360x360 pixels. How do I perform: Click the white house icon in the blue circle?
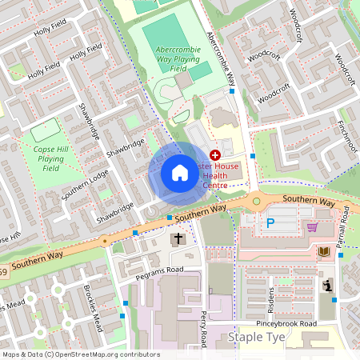pyautogui.click(x=180, y=172)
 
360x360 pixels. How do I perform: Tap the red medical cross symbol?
pyautogui.click(x=214, y=154)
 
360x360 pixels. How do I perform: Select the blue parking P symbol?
pyautogui.click(x=270, y=225)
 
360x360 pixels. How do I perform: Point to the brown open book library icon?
pyautogui.click(x=323, y=251)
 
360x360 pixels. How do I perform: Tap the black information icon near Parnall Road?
pyautogui.click(x=327, y=286)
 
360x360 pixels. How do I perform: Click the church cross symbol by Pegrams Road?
pyautogui.click(x=178, y=238)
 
